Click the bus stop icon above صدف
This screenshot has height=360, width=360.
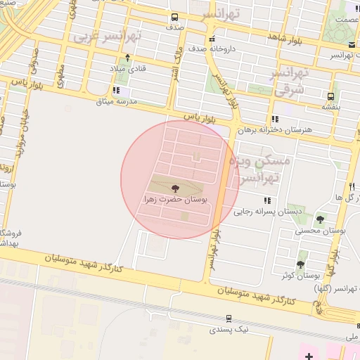coord(174,18)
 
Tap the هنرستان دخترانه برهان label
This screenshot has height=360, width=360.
coord(273,130)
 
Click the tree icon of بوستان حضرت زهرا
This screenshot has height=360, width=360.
coord(174,188)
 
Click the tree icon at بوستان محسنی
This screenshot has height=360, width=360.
coord(320,219)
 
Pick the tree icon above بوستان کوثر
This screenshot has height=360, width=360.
coord(301,264)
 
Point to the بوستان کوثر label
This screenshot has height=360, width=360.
coord(302,276)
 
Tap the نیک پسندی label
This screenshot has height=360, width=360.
coord(232,328)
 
